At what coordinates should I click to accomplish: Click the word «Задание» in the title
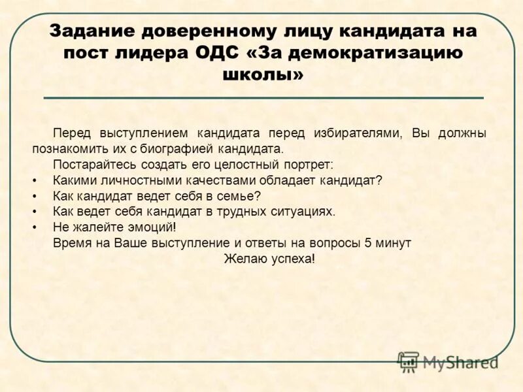[93, 31]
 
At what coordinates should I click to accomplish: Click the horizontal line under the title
[263, 97]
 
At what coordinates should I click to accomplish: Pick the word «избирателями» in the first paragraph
[361, 133]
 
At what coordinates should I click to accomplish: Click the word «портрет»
[310, 164]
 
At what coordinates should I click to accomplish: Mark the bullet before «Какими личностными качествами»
[33, 180]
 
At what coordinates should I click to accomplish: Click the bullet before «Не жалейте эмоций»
[33, 227]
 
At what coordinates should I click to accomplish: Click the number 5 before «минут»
[368, 242]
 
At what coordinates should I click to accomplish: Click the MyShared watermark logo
[448, 362]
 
